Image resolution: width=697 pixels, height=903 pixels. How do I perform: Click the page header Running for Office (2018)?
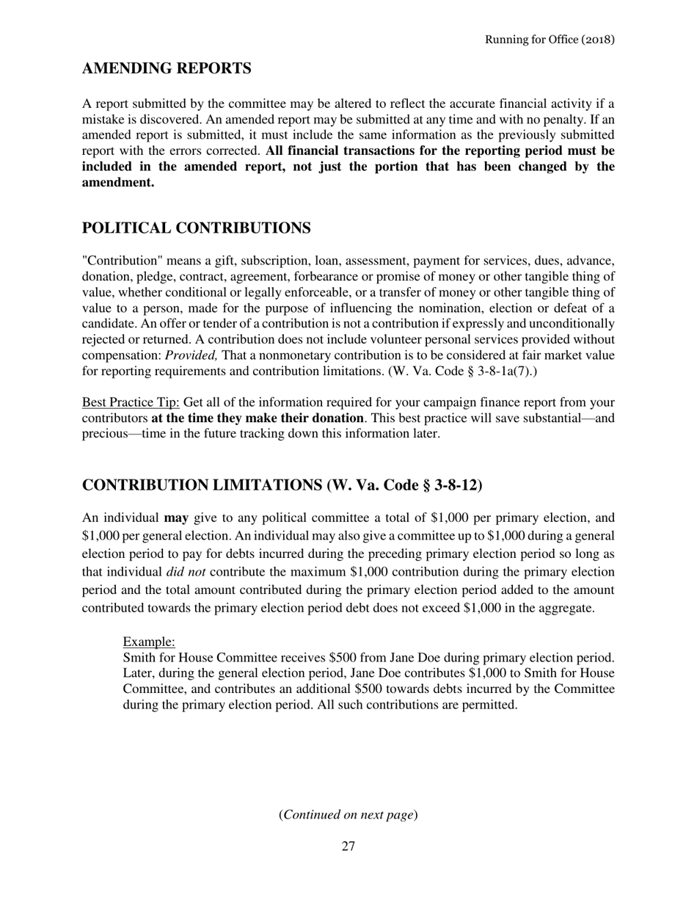550,39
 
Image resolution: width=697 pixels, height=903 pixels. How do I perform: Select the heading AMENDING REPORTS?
167,68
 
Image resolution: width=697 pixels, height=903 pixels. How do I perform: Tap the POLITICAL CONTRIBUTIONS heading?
196,228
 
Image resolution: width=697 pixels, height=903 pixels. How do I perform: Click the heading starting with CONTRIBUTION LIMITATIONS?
282,485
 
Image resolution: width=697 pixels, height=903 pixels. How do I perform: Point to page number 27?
348,846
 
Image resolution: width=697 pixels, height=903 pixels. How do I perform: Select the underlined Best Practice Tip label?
131,402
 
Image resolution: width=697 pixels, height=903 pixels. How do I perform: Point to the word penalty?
567,119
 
